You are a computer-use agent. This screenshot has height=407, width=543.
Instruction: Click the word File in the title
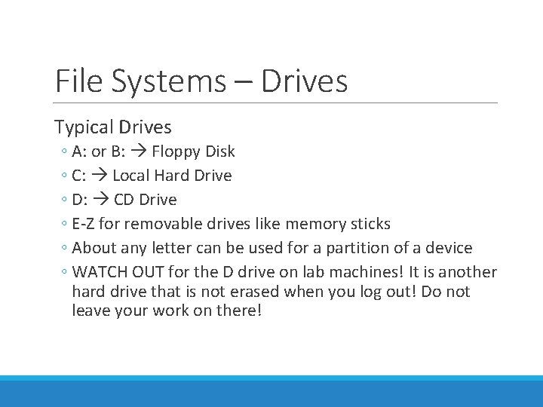click(x=78, y=81)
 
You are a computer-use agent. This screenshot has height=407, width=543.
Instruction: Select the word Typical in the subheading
click(x=82, y=127)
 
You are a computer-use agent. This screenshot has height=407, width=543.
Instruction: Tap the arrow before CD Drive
click(x=100, y=200)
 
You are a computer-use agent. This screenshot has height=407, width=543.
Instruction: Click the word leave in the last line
click(x=90, y=311)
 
